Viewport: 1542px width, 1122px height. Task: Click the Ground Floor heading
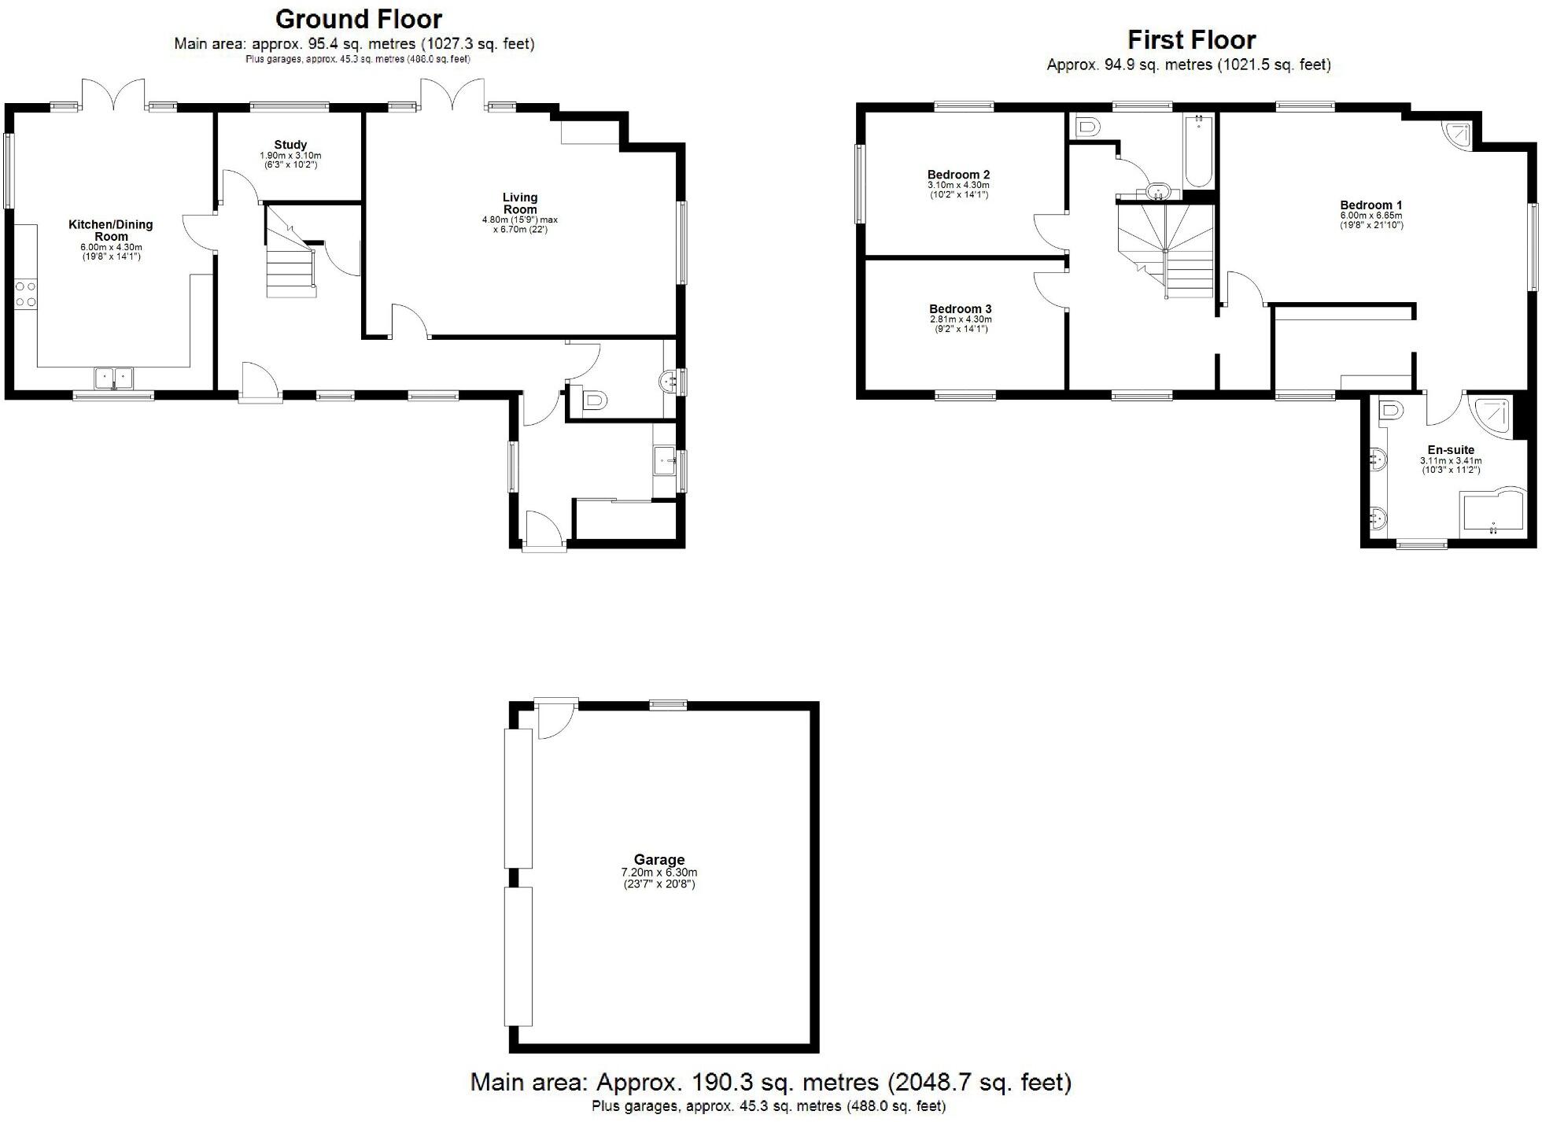coord(359,19)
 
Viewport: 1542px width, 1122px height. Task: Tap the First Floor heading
coord(1191,39)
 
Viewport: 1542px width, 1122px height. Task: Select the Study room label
coord(290,145)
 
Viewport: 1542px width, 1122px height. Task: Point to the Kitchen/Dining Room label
coord(111,231)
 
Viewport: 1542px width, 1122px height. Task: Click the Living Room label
coord(520,203)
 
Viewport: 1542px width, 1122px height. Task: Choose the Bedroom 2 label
coord(958,175)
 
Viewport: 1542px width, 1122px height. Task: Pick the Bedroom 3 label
coord(960,309)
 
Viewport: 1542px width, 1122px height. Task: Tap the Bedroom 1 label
coord(1371,205)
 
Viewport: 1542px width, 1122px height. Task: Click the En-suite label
coord(1451,451)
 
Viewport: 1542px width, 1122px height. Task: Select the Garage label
coord(659,860)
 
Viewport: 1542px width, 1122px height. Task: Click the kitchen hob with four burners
coord(25,293)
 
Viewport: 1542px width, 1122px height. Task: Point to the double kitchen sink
coord(114,378)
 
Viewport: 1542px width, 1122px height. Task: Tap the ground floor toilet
coord(591,401)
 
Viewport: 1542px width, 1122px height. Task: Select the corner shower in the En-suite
coord(1492,417)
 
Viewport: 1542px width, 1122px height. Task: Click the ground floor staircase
coord(291,256)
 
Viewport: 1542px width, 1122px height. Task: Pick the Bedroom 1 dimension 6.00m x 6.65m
coord(1371,216)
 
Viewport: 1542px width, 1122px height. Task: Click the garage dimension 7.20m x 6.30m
coord(659,873)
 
